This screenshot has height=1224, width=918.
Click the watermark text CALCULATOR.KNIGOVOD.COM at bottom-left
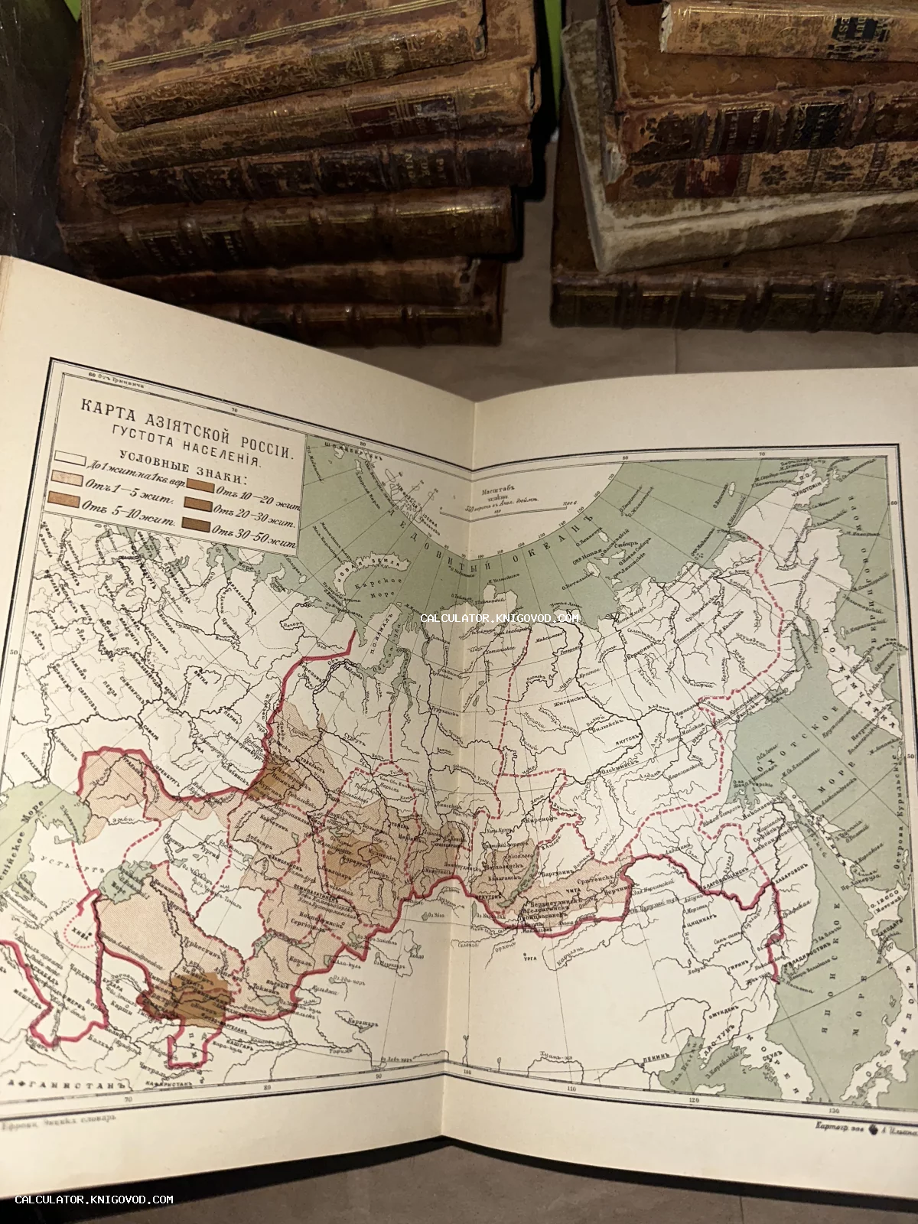94,1200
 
